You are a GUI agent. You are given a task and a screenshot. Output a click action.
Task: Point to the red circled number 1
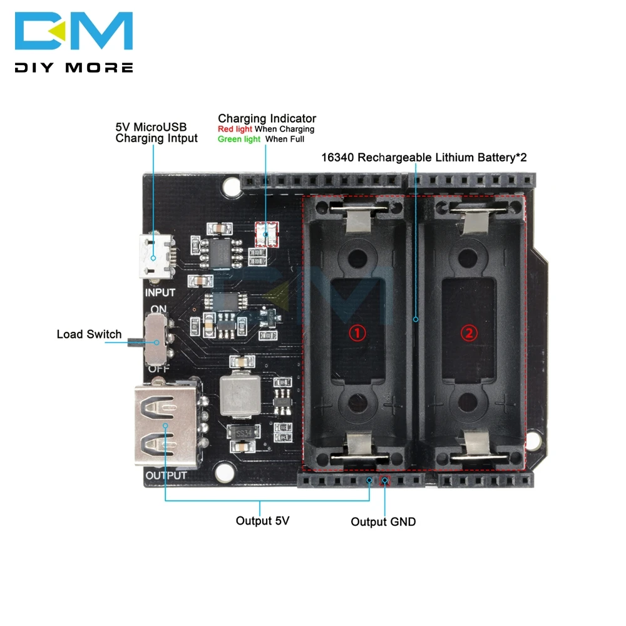pyautogui.click(x=357, y=333)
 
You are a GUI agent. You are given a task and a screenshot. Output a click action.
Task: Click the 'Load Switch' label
pyautogui.click(x=89, y=334)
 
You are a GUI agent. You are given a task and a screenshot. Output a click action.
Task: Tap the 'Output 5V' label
pyautogui.click(x=262, y=520)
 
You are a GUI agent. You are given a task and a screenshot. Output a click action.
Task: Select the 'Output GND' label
pyautogui.click(x=382, y=521)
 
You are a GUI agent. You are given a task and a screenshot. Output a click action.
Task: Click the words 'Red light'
pyautogui.click(x=234, y=129)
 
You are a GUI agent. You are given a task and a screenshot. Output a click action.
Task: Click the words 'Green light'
pyautogui.click(x=239, y=139)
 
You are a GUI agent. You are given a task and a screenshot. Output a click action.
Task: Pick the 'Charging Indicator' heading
pyautogui.click(x=267, y=118)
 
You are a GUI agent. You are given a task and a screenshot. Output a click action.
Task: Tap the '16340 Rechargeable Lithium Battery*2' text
pyautogui.click(x=424, y=157)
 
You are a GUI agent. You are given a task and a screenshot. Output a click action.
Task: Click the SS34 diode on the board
pyautogui.click(x=240, y=431)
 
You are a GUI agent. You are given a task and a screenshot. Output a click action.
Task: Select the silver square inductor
pyautogui.click(x=239, y=393)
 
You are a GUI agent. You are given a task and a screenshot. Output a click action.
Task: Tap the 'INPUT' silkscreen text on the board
pyautogui.click(x=160, y=292)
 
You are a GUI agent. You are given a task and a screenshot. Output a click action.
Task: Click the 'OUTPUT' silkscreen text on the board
pyautogui.click(x=166, y=475)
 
